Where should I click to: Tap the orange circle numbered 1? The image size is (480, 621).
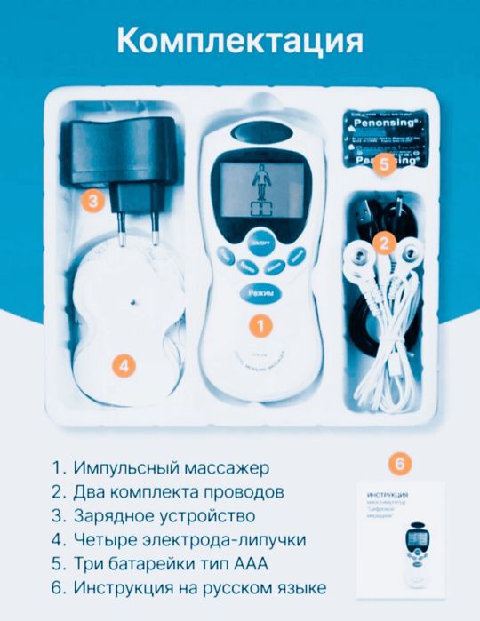click(x=260, y=326)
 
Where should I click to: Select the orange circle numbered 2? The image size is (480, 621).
click(x=384, y=242)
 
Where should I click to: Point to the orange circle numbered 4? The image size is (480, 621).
click(x=125, y=365)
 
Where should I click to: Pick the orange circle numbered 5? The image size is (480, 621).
click(x=383, y=163)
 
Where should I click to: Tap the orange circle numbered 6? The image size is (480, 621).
click(x=401, y=464)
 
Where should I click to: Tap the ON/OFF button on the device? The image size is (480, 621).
click(x=258, y=241)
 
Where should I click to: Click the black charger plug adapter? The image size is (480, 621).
click(x=114, y=169)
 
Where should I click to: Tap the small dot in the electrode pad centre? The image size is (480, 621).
click(x=131, y=302)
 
